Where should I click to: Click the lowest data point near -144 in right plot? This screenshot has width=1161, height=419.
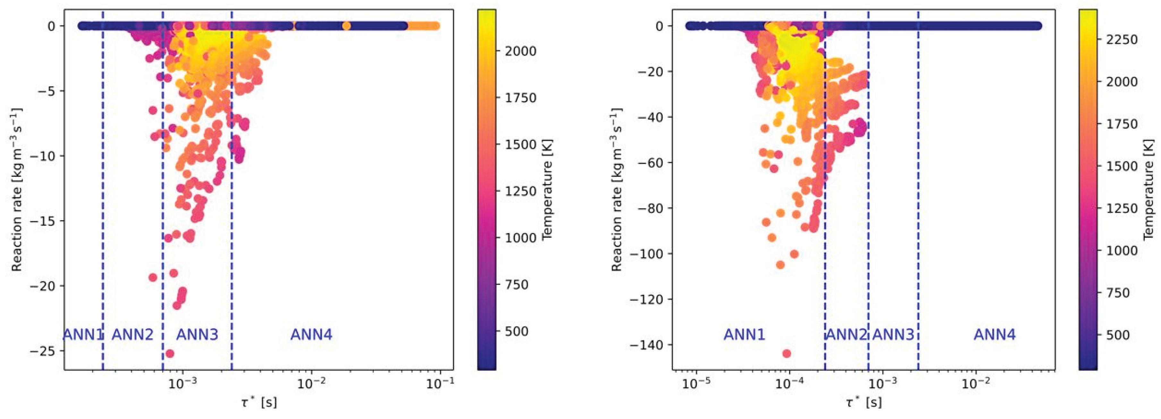tap(787, 353)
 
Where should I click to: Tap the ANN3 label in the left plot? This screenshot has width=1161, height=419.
tap(197, 335)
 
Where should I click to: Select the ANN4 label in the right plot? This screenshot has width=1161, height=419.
tap(995, 335)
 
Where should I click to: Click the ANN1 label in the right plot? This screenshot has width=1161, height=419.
tap(745, 335)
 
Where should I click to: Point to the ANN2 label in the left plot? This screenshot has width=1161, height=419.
tap(132, 335)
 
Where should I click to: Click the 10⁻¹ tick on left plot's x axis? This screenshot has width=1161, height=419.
tap(440, 383)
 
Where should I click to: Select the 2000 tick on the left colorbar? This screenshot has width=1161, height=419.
tap(521, 51)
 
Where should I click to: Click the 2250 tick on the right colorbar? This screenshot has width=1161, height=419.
tap(1122, 40)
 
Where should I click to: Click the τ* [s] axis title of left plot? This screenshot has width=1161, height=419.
tap(259, 402)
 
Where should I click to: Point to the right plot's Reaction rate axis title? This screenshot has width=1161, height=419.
tap(617, 189)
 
